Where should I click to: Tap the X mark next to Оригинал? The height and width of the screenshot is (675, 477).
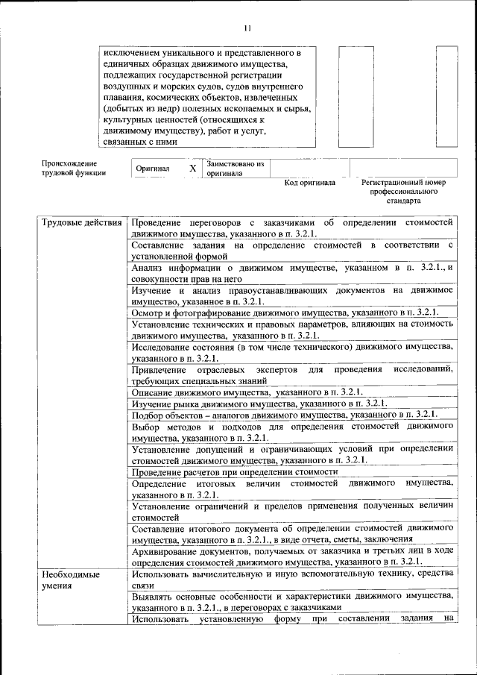point(192,169)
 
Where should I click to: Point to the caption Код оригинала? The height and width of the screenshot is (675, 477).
point(310,183)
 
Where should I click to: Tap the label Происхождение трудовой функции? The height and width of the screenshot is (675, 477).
point(74,168)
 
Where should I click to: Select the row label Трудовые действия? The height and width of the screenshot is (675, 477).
point(80,223)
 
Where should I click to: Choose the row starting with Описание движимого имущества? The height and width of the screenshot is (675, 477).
point(247,392)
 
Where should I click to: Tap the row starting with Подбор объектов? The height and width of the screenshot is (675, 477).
point(283,414)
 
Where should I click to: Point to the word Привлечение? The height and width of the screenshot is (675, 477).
point(158,370)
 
